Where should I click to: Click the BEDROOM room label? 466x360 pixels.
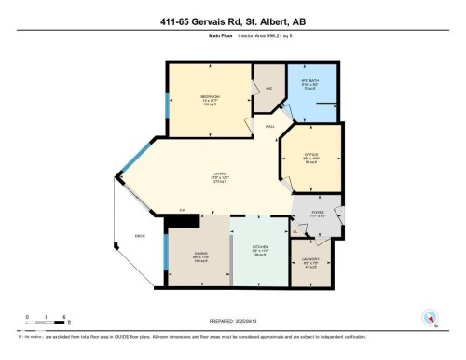(209, 96)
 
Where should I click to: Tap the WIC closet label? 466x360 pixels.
(267, 89)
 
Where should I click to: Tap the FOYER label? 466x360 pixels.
(317, 213)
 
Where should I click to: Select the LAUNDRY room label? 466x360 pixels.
(311, 259)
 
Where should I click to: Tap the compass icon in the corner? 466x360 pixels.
(431, 317)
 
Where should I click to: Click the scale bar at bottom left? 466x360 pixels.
(45, 320)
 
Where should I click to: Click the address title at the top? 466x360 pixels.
(232, 21)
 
